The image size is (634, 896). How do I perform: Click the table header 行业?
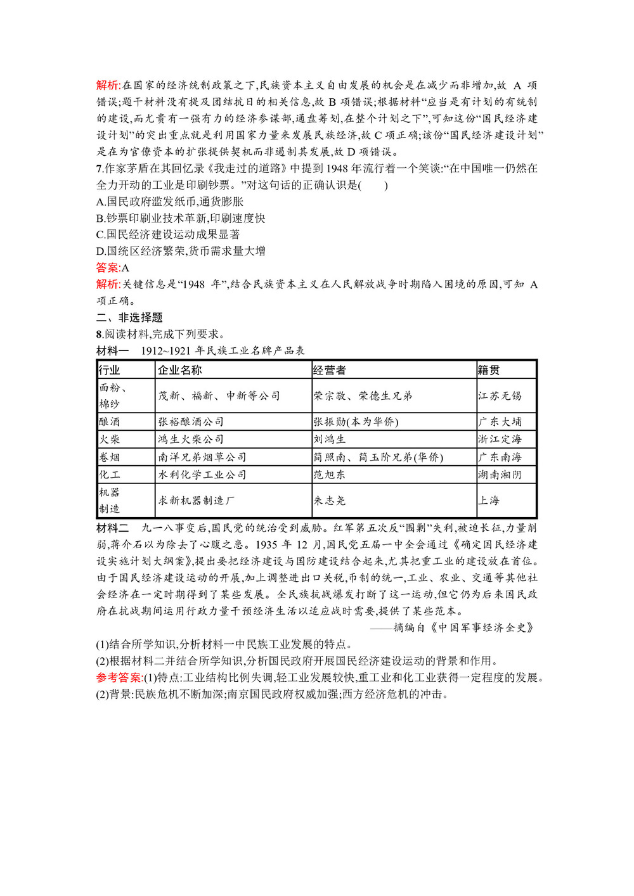[110, 370]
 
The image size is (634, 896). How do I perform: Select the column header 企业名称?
[179, 370]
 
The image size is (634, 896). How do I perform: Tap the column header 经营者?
[330, 370]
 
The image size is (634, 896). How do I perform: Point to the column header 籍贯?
[489, 370]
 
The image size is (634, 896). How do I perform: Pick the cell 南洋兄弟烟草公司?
[202, 457]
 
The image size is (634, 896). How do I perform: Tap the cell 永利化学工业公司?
[202, 475]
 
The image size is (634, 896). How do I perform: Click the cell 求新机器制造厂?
[197, 501]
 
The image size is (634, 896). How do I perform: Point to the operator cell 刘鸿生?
[330, 439]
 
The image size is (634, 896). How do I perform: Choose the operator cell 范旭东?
[330, 475]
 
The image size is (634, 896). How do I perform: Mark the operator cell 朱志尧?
[330, 501]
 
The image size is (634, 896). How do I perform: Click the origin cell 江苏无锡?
[500, 395]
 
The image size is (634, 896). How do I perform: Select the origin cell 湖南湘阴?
[500, 475]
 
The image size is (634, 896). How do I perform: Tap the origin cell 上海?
[489, 501]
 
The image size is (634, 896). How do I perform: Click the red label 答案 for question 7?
[108, 267]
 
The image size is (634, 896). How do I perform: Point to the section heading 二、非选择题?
[129, 317]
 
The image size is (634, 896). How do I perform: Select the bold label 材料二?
[112, 528]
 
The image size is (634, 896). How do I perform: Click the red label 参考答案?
[119, 677]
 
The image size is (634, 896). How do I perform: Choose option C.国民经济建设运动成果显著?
[168, 234]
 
